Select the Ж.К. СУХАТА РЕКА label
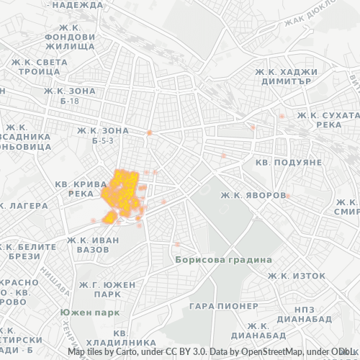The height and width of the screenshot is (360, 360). pos(328,120)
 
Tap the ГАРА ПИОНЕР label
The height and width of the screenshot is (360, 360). pos(222,306)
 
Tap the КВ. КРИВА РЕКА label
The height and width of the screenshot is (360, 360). pos(84,189)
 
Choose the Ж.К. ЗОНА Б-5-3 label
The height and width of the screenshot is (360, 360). pos(103,135)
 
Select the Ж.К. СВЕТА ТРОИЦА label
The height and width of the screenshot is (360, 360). pos(40,67)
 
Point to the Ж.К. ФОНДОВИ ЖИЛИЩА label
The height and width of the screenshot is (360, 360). pos(69,41)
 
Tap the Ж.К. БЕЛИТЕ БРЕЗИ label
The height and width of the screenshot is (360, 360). pos(29,251)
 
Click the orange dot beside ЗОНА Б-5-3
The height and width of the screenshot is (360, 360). pos(149,132)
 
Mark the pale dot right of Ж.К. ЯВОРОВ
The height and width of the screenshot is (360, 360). pos(287,195)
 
